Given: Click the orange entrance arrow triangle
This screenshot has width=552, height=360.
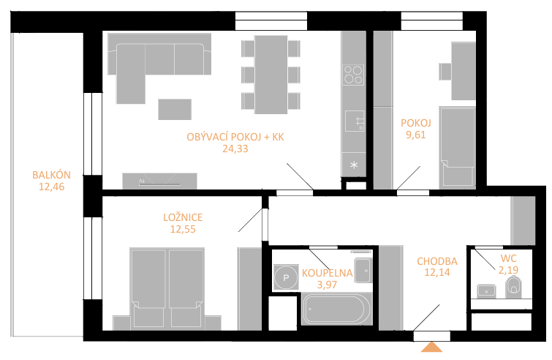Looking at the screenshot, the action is click(431, 348).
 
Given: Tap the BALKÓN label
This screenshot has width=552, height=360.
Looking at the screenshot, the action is click(51, 175).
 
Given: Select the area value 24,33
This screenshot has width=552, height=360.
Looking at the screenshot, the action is click(235, 149).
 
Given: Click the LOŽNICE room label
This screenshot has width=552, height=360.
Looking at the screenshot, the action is click(183, 217).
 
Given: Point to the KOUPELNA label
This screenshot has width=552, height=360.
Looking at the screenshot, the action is click(327, 273).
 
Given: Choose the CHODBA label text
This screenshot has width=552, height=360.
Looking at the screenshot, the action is click(437, 261).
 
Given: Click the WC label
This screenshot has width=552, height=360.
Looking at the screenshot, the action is click(508, 258).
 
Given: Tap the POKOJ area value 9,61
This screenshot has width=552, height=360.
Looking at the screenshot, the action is click(416, 135).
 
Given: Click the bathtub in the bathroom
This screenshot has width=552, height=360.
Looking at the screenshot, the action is click(336, 310).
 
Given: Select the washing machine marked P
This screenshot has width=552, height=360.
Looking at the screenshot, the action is click(286, 277).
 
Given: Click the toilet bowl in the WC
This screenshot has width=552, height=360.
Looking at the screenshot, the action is click(513, 286).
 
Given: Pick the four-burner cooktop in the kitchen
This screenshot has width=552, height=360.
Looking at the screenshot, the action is click(353, 75).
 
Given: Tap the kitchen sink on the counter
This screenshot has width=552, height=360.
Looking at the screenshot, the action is click(355, 121).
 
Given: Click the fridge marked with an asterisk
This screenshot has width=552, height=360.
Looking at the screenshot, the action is click(354, 165).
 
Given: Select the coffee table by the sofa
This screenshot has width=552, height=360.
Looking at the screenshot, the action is click(175, 109).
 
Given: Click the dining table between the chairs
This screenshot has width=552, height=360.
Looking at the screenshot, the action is click(271, 75).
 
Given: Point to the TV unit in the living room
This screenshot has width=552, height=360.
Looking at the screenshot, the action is click(159, 181).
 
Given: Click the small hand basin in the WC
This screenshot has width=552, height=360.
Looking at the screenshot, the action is click(486, 291).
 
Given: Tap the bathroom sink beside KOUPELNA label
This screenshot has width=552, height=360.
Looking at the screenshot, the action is click(363, 271).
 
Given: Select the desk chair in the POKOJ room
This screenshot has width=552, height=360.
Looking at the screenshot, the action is click(445, 72).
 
